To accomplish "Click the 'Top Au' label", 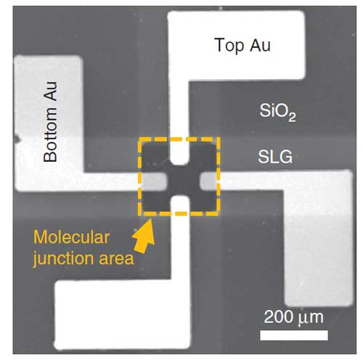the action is click(242, 46).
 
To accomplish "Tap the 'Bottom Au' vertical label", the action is click(50, 122).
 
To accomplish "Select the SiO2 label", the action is click(277, 112).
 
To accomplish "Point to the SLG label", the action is click(275, 157).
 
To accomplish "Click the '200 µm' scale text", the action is click(294, 317).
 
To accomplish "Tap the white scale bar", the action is click(294, 335).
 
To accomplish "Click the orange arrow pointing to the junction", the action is click(144, 236).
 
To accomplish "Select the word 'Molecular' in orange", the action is click(72, 237).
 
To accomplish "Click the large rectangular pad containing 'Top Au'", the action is click(236, 45).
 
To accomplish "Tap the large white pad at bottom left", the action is click(122, 314).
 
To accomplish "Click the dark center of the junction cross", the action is click(184, 181).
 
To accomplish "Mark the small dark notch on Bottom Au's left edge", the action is click(17, 139).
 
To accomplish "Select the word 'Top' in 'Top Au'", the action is click(229, 46).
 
